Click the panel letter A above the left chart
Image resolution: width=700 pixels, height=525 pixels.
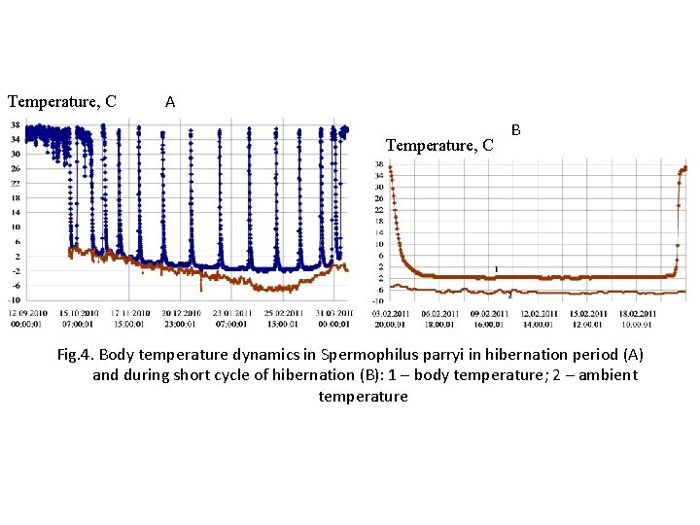[x=170, y=101]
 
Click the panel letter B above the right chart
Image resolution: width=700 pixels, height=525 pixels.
[x=516, y=129]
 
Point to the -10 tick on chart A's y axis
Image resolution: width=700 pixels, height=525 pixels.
[x=16, y=300]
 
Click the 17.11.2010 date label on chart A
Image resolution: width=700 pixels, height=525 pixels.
[x=129, y=312]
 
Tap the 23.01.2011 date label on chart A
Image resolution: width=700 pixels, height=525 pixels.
[x=230, y=312]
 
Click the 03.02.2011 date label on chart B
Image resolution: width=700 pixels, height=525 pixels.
[x=390, y=312]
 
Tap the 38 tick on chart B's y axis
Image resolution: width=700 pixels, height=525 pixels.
[x=379, y=164]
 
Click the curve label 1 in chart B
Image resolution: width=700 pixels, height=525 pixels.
[x=496, y=269]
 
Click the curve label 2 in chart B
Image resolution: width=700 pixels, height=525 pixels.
[x=509, y=295]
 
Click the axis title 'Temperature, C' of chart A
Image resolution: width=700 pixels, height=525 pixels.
[x=62, y=101]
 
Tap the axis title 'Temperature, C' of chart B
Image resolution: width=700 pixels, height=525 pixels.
[x=440, y=146]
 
